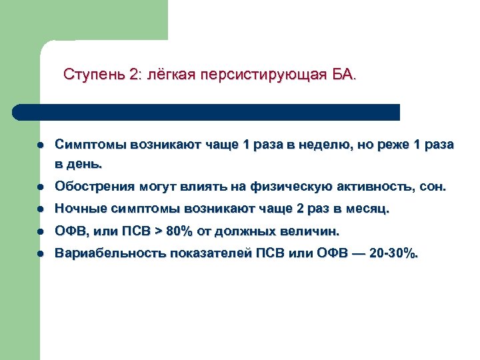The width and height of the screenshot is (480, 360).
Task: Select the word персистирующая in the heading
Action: [275, 73]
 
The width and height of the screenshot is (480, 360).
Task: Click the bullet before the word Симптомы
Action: [41, 144]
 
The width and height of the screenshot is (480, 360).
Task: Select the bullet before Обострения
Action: [41, 187]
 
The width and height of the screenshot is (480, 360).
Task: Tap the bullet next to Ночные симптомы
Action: [41, 209]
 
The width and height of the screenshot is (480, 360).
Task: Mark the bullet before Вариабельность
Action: [41, 254]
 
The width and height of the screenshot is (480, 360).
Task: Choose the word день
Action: [88, 162]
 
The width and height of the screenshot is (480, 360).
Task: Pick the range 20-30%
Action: [396, 254]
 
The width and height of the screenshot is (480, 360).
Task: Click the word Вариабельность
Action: [109, 254]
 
